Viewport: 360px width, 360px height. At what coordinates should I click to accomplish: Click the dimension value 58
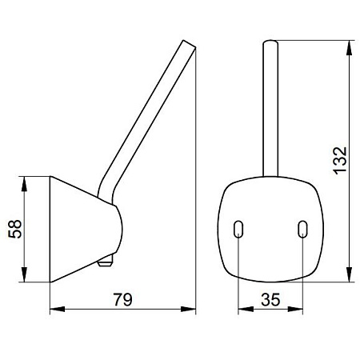15,229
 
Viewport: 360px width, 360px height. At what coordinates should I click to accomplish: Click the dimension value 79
123,299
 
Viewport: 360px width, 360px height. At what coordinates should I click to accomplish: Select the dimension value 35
270,299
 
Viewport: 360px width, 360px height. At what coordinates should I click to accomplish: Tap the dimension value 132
341,161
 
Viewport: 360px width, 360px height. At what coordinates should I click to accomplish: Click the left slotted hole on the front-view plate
238,229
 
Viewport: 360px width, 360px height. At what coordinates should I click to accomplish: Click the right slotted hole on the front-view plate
302,229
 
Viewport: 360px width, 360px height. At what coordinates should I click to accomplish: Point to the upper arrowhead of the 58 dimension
24,184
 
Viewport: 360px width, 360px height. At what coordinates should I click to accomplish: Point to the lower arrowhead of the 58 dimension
24,274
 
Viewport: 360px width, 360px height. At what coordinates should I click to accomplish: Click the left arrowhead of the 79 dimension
58,310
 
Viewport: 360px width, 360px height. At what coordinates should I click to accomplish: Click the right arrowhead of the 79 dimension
188,310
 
